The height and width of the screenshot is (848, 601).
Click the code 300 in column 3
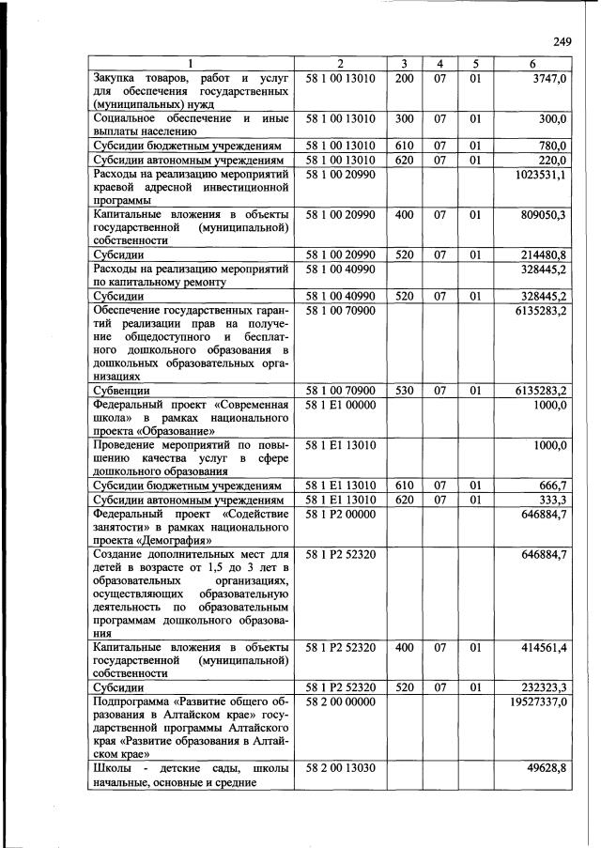tap(404, 119)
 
